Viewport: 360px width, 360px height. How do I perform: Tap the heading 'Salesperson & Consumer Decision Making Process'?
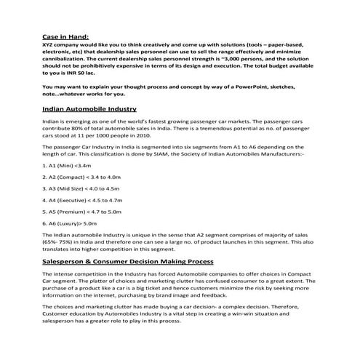pyautogui.click(x=127, y=260)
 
